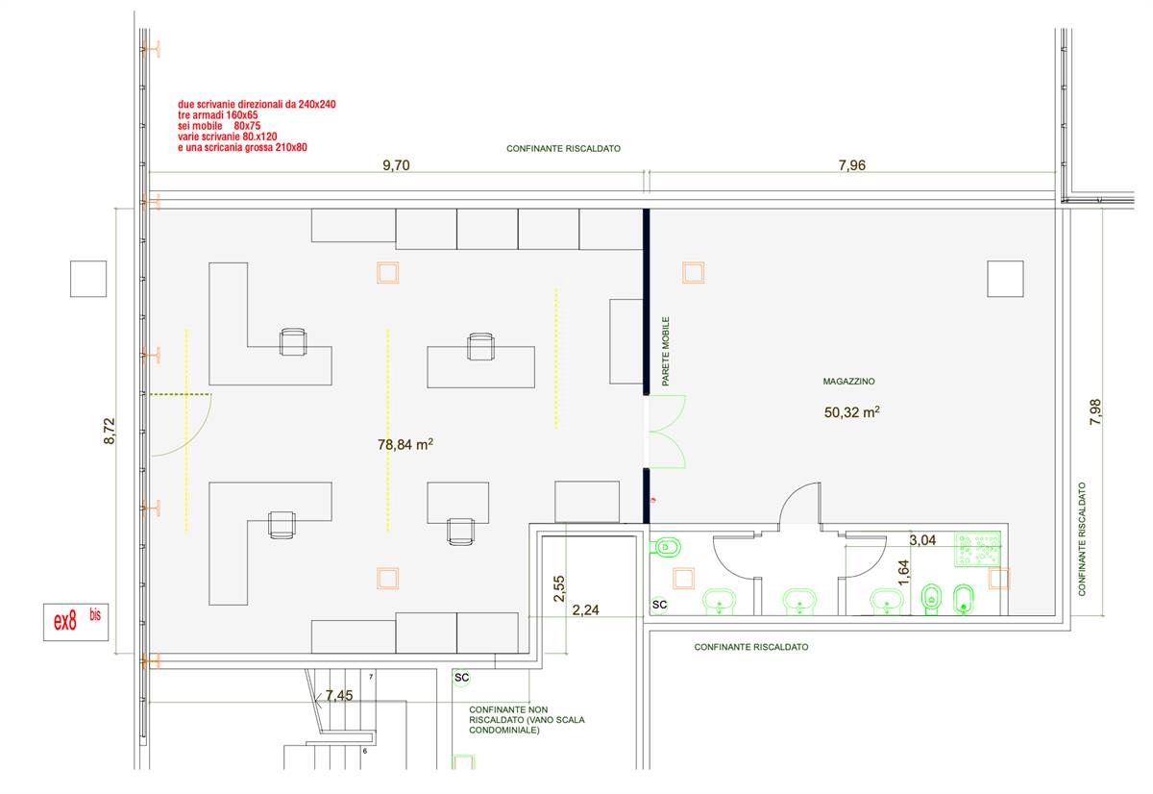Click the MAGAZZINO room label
pos(848,382)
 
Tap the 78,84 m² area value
pos(405,444)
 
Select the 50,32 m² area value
pos(851,412)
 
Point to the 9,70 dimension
pos(396,165)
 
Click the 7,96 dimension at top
pos(852,165)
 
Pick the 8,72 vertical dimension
pos(110,431)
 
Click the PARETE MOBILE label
pos(666,351)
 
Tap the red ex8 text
pos(65,622)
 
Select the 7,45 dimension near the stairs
pos(339,696)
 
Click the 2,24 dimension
pos(586,610)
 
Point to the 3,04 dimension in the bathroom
pos(922,540)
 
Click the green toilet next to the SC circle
pos(666,546)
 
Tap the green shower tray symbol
pos(977,550)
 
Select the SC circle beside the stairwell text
pos(461,678)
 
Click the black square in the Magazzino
pos(1005,279)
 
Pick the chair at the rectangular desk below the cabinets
pos(480,347)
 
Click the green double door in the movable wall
pos(667,432)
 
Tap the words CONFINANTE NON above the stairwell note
pos(508,709)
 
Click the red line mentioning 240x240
pos(257,105)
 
